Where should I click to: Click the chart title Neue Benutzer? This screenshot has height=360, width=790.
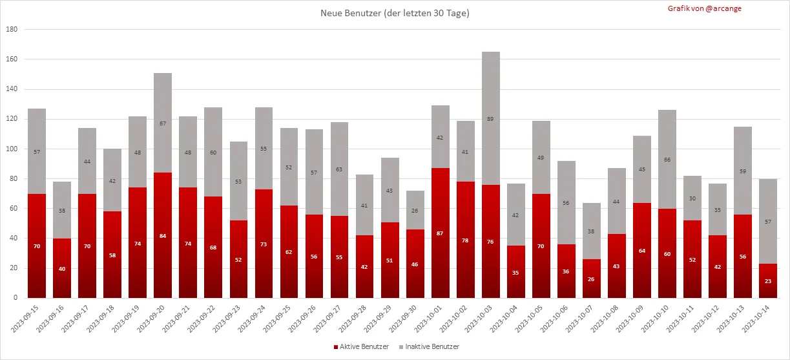tap(395, 14)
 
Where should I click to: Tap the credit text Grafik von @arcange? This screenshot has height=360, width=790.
tap(705, 8)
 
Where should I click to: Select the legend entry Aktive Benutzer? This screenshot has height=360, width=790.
tap(361, 347)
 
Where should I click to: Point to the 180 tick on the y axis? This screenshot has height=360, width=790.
tap(12, 30)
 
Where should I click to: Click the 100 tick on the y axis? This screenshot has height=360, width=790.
tap(12, 149)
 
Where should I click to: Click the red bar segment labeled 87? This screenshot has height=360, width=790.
tap(441, 233)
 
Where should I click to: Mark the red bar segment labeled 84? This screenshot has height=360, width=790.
tap(163, 235)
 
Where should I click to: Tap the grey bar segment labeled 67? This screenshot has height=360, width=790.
tap(163, 123)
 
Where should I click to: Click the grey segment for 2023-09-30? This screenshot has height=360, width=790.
tap(415, 210)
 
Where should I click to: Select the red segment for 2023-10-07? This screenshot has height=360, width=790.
tap(592, 279)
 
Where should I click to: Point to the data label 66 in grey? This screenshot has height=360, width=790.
tap(668, 159)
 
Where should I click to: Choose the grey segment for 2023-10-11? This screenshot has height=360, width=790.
tap(693, 198)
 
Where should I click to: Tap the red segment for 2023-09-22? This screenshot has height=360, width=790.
tap(213, 247)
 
